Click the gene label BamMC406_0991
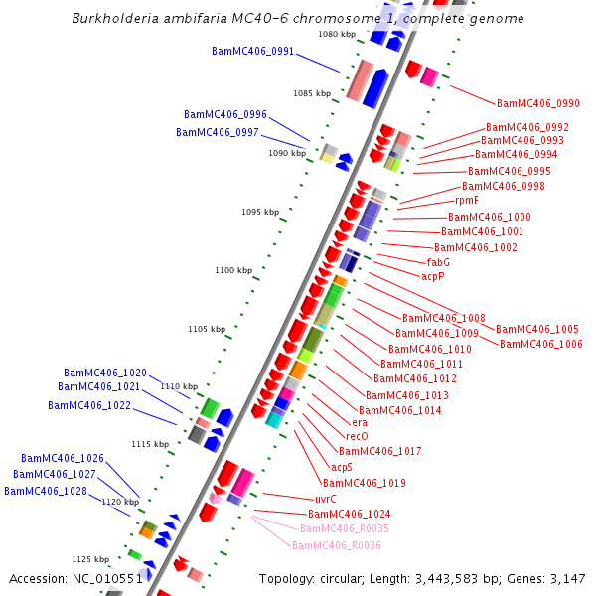[x=252, y=51]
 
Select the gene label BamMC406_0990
[x=538, y=103]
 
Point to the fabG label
[x=438, y=262]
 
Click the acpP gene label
[x=433, y=276]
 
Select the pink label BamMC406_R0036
[x=337, y=545]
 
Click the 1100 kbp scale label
[x=234, y=270]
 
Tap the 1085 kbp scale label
[x=312, y=93]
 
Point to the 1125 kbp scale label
[x=89, y=559]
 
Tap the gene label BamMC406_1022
[x=89, y=405]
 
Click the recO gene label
[x=357, y=436]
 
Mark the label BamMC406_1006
[x=541, y=344]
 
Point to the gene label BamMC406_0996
[x=224, y=114]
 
